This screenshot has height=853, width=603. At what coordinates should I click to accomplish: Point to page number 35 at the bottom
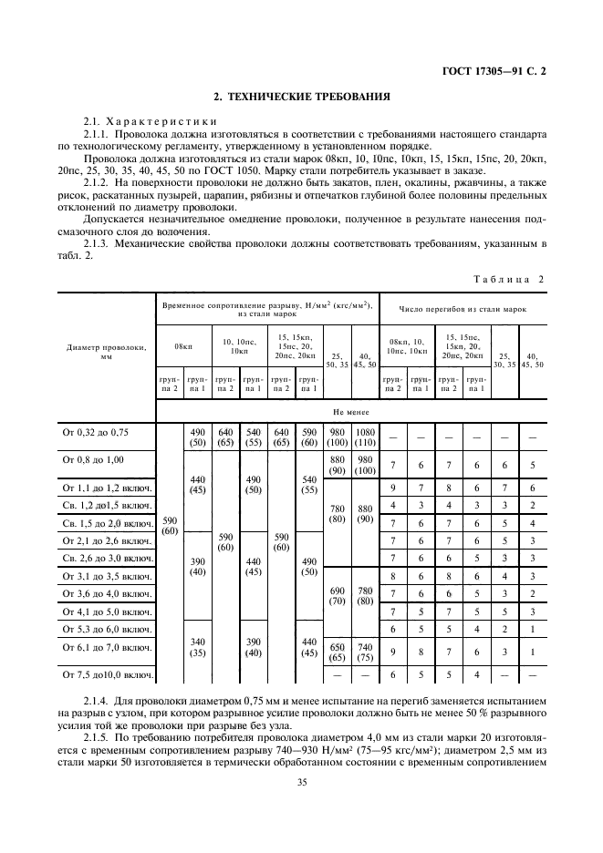coord(301,781)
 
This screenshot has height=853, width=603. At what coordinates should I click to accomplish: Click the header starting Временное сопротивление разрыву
coord(266,308)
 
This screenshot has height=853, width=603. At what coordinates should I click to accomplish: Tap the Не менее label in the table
coord(350,412)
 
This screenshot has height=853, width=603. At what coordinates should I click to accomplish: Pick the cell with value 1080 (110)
coord(365,436)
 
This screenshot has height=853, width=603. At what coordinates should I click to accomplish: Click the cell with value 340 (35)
coord(196,647)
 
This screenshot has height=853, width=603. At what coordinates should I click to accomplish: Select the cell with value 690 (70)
coord(337,597)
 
